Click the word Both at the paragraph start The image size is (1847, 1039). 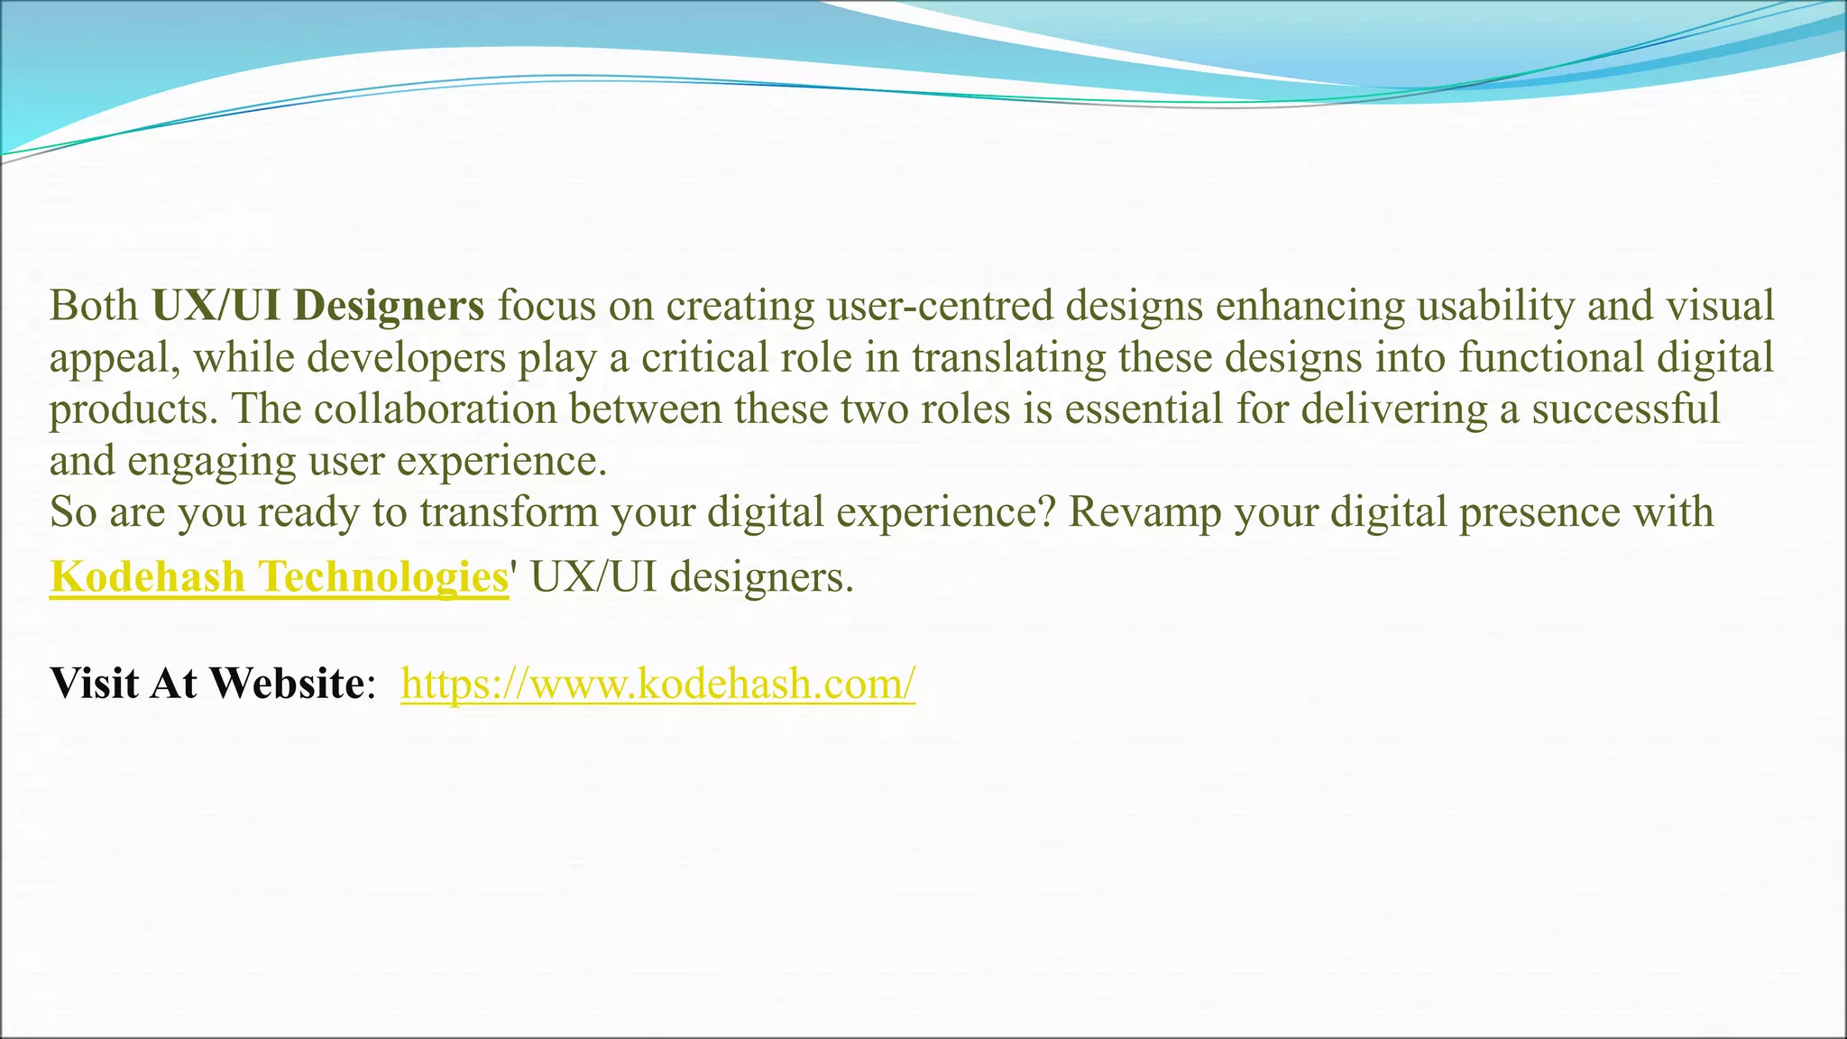pyautogui.click(x=94, y=306)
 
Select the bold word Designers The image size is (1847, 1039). pyautogui.click(x=389, y=306)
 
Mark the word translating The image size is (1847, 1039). pyautogui.click(x=1008, y=358)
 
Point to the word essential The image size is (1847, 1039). pyautogui.click(x=1143, y=409)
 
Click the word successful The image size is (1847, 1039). pyautogui.click(x=1626, y=409)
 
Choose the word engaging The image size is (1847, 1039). pyautogui.click(x=211, y=462)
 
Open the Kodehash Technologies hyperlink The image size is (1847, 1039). pyautogui.click(x=279, y=576)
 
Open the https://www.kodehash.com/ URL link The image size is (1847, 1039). pyautogui.click(x=658, y=683)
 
